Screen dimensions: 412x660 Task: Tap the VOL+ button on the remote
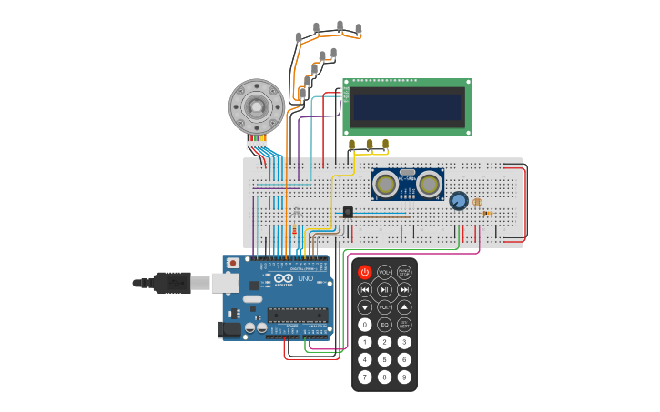[x=384, y=272]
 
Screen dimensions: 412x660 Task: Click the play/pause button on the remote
[x=384, y=289]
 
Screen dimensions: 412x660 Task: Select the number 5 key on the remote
[x=384, y=359]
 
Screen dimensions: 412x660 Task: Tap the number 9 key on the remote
[x=404, y=377]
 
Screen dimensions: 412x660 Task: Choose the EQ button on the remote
[x=384, y=325]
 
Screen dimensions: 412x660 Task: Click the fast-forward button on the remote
[x=404, y=289]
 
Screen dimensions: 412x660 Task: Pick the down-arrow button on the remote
[x=365, y=307]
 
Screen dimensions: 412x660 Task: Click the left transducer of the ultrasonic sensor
[x=386, y=185]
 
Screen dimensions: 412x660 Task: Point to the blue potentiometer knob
[x=459, y=201]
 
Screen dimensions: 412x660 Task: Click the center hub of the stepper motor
[x=257, y=106]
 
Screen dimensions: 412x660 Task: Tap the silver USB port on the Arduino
[x=226, y=284]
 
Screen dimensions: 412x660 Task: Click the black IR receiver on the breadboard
[x=348, y=211]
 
